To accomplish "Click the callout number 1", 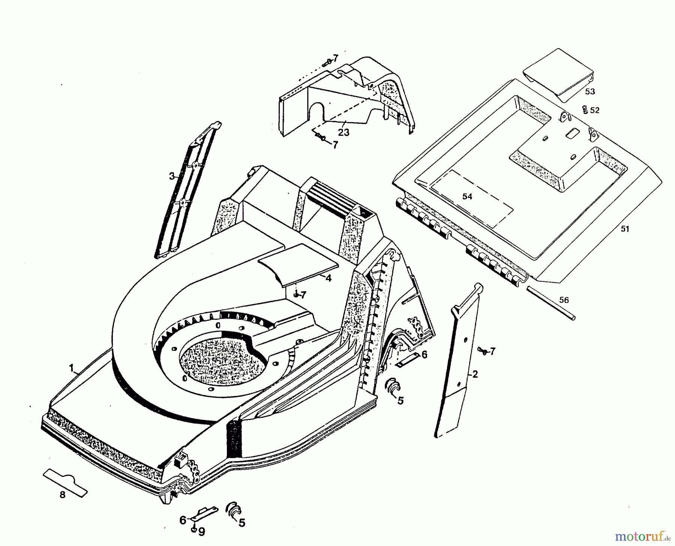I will coord(71,368).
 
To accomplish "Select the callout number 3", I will coord(172,176).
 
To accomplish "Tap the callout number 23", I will coord(343,132).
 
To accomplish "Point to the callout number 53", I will coord(590,91).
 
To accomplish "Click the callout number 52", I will coord(595,110).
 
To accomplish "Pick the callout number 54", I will coord(467,196).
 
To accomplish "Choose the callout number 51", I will coord(625,229).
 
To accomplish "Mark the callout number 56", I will coord(564,300).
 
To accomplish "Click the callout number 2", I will coord(475,374).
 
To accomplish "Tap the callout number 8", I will coord(62,495).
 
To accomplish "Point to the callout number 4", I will coord(328,278).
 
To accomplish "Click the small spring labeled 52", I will coord(584,109).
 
